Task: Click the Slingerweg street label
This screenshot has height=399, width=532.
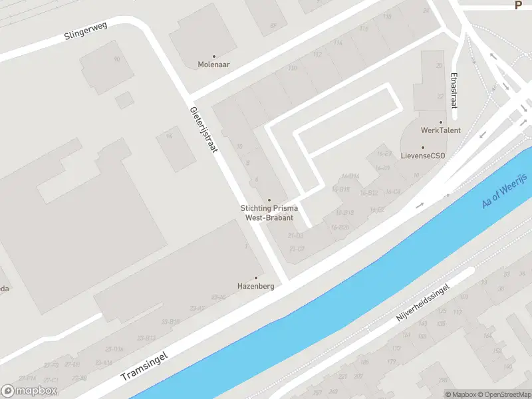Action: [86, 30]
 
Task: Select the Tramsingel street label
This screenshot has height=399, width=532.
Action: [144, 366]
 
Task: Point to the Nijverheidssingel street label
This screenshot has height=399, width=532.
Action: [423, 303]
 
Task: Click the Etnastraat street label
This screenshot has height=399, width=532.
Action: [454, 90]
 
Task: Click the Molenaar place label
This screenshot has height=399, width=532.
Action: [213, 65]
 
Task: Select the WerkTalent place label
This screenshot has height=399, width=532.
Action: [440, 130]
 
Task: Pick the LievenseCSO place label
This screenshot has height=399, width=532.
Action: [423, 156]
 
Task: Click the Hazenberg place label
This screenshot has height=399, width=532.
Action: [256, 286]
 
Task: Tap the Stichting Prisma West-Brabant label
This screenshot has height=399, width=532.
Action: [269, 213]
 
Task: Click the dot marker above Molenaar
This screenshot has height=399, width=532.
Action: [213, 57]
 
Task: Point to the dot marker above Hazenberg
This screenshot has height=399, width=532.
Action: [256, 278]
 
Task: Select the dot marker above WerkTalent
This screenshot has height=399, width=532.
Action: [440, 122]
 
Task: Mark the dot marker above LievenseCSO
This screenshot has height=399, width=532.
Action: [423, 148]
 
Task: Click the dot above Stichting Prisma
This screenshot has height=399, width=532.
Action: [269, 200]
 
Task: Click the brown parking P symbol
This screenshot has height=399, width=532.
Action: [519, 5]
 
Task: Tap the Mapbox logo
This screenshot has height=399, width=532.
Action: [29, 391]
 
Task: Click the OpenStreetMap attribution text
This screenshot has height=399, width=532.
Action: [506, 394]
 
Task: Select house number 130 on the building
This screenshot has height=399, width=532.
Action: [292, 68]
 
